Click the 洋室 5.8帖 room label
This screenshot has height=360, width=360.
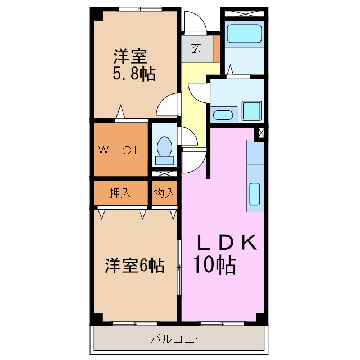[134, 65]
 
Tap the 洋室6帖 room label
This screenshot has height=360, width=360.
[134, 265]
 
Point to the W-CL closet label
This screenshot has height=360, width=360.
[120, 150]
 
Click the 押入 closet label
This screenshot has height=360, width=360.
[120, 193]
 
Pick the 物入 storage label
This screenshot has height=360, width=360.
[165, 193]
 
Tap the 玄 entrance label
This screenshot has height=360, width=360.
[196, 48]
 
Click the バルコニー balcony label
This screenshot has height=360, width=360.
[178, 339]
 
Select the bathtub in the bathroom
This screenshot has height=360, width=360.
[244, 34]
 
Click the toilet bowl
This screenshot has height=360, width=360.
[164, 147]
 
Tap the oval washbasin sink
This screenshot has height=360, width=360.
[223, 115]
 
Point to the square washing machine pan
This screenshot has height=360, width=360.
[252, 111]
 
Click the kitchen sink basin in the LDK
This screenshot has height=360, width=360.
[255, 194]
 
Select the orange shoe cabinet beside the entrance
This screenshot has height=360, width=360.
[217, 49]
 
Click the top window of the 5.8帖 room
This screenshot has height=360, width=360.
[140, 9]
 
